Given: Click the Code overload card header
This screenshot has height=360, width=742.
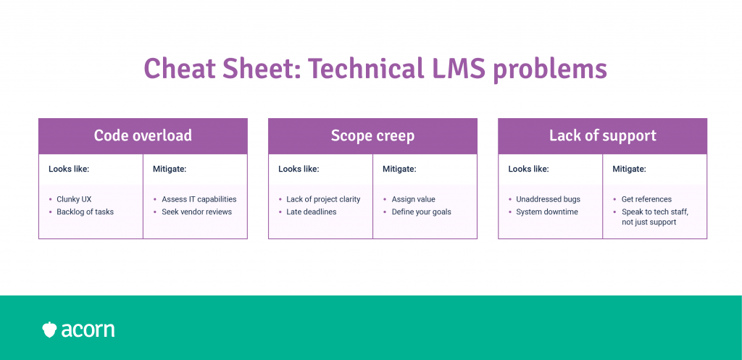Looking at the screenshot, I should coord(143,135).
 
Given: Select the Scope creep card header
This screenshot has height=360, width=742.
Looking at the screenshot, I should coord(372,135).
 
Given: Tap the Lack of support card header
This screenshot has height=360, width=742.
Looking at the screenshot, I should coord(602,135).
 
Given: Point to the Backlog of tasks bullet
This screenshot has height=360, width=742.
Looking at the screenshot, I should coord(85,212).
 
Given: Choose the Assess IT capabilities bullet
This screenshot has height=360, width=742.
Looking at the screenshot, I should coord(199,199).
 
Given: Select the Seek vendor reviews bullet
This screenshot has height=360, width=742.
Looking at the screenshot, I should coord(196,212).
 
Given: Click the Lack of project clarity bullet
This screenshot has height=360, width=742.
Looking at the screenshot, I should coord(323,199).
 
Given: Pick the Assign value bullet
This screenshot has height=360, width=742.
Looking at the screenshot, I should coord(413,199).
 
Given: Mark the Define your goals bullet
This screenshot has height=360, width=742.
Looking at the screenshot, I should coord(421,212).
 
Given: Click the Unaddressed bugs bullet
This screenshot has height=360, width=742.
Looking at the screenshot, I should coord(548,199).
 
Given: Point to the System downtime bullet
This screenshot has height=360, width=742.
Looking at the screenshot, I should coord(546,212).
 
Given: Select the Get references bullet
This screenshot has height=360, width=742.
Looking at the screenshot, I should coord(646,199).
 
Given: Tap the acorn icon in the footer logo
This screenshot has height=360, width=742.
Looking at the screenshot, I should coord(49,330).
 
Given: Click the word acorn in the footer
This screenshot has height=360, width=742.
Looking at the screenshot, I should coord(88,330).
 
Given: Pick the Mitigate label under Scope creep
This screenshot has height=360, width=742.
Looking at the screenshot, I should coord(399,169).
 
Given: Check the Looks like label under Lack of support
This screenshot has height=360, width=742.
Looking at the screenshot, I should coord(528,169).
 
